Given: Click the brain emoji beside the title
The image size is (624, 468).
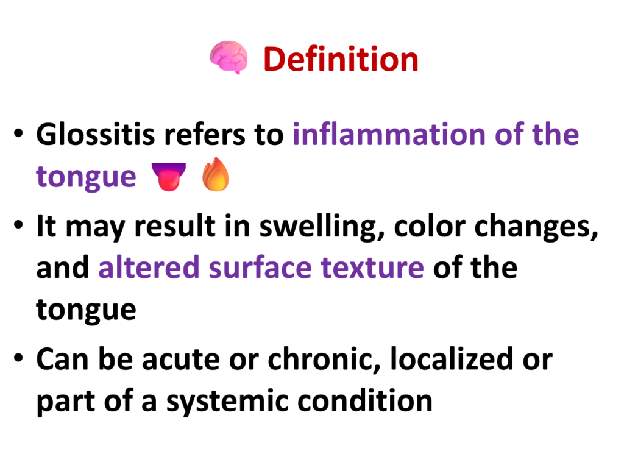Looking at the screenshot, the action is click(229, 58).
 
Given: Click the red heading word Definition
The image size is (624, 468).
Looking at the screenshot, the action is click(341, 59).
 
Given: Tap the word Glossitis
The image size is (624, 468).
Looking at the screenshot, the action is click(96, 134).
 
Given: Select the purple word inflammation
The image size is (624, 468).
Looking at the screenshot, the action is click(389, 134).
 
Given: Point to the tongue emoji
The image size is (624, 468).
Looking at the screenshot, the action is click(169, 176).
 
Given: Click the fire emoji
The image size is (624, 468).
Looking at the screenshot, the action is click(215, 175).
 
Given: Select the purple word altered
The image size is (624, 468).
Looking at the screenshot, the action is click(149, 267).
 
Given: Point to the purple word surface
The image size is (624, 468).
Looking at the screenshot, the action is click(260, 267).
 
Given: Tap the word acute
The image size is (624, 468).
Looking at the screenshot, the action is click(180, 360).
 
